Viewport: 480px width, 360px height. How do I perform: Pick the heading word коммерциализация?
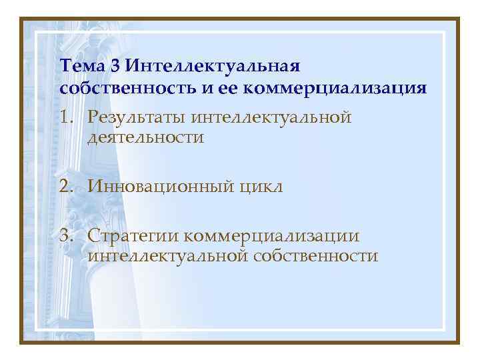341,88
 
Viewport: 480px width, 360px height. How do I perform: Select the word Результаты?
136,118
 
